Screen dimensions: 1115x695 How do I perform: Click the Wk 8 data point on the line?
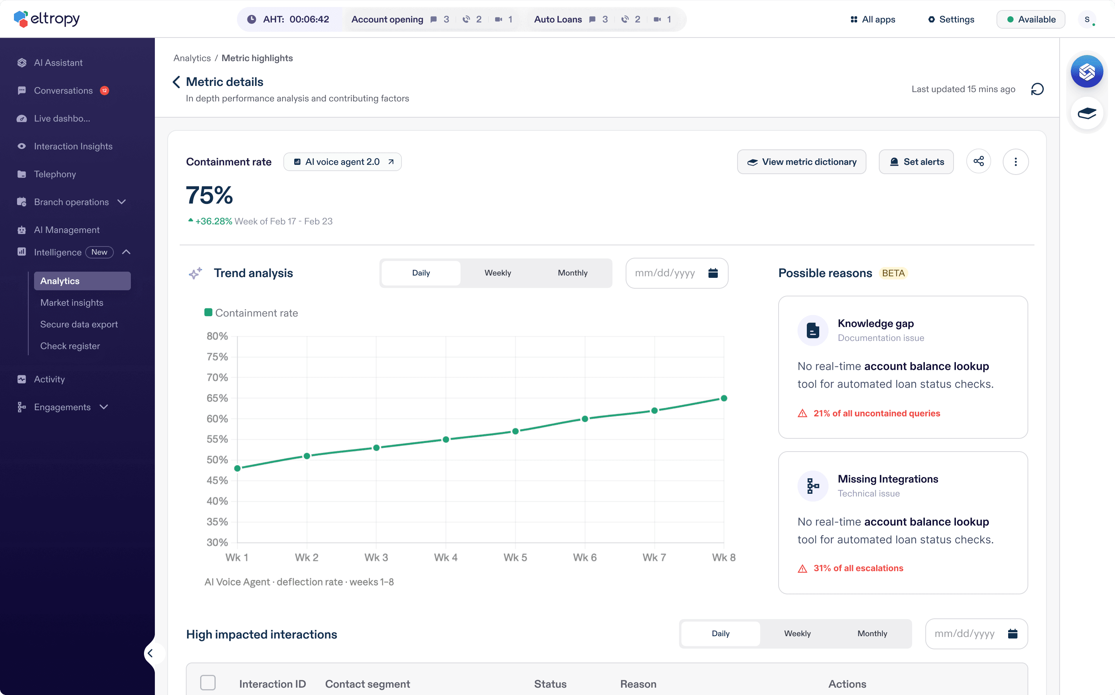point(724,398)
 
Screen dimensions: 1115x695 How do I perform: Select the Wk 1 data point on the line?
point(237,468)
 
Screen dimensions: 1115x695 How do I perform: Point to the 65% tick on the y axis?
point(217,398)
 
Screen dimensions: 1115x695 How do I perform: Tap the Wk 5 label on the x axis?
point(515,558)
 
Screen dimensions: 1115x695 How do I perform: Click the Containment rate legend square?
point(208,313)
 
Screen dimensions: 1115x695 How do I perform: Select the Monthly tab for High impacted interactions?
point(872,633)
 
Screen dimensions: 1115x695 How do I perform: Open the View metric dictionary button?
point(801,162)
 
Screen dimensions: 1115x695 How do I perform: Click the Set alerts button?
point(916,162)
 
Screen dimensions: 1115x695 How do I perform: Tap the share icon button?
point(978,161)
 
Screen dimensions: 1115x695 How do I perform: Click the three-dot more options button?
point(1016,162)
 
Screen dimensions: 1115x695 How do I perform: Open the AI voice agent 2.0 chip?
point(343,162)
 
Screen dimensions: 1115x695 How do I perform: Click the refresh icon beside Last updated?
point(1037,89)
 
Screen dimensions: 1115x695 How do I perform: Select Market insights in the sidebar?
point(72,303)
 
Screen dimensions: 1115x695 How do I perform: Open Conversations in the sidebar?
point(63,91)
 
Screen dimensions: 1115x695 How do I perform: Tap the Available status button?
point(1031,19)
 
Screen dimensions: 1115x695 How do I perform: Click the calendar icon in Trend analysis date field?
point(713,273)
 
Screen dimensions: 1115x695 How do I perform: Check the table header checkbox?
point(208,683)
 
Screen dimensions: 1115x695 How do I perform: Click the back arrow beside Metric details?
point(176,82)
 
